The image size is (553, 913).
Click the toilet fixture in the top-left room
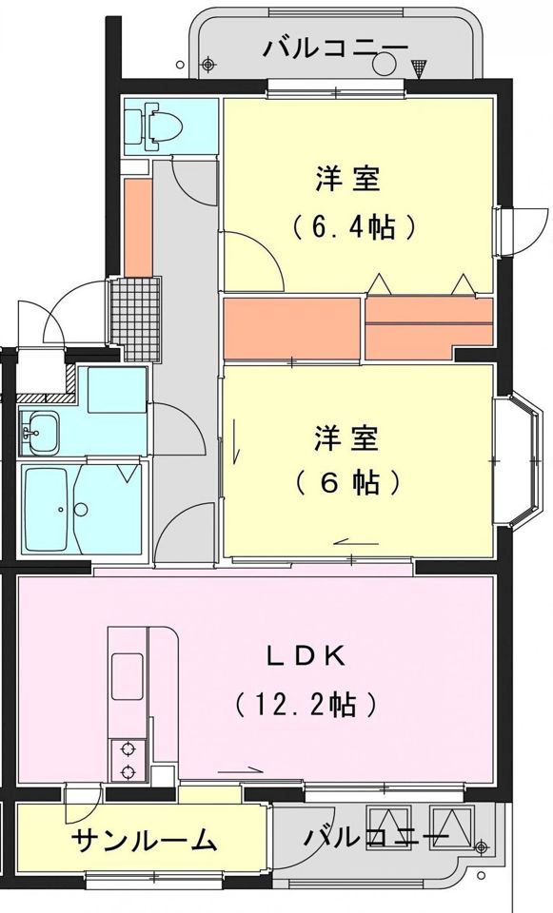point(150,126)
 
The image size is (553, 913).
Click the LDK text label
point(304,655)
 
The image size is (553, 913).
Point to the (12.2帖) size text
point(305,705)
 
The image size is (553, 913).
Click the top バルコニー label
point(337,47)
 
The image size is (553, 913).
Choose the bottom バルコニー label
point(375,838)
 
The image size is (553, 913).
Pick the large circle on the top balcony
point(385,64)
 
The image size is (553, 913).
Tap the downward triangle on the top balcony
point(420,66)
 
